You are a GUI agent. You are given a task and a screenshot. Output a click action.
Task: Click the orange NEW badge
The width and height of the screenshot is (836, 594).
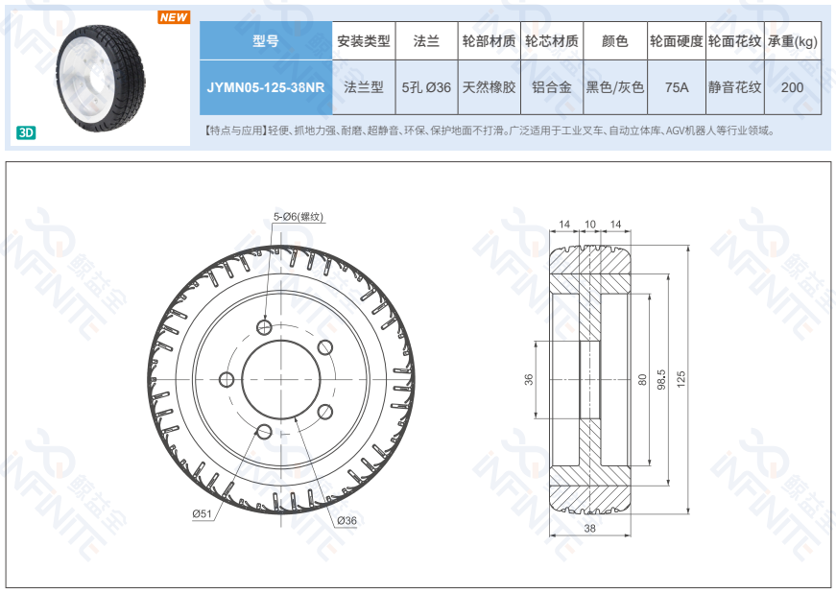174,17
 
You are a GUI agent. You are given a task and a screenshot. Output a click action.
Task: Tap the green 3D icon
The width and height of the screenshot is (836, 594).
26,132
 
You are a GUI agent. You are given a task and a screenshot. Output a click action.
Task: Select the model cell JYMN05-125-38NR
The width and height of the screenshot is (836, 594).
266,87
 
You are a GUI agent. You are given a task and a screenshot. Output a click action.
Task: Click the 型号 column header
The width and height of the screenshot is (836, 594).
266,40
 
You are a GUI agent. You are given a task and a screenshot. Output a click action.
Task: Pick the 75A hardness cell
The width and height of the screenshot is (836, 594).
677,87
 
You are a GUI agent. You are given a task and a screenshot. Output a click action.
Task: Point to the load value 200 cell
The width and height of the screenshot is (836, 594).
792,87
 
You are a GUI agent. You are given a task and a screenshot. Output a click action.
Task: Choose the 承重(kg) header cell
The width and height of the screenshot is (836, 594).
792,41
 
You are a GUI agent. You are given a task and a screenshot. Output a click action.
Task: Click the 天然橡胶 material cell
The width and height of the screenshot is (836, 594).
489,87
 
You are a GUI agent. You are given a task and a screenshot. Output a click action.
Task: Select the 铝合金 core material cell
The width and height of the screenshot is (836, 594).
552,87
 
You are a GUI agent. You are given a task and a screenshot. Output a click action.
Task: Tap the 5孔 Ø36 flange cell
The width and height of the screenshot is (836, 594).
426,87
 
